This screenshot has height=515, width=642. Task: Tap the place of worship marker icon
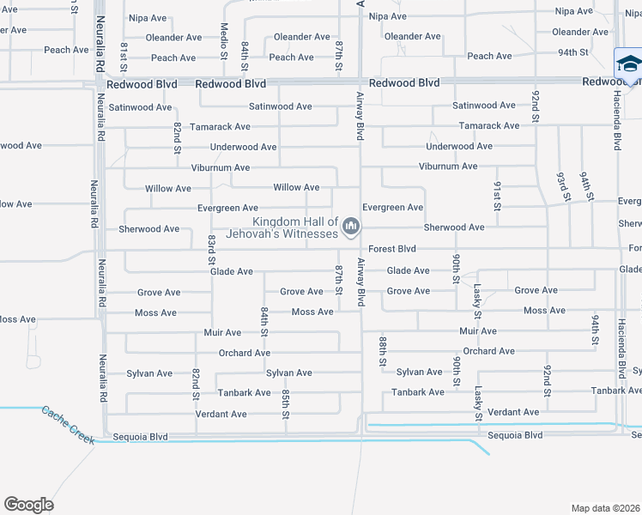click(x=350, y=227)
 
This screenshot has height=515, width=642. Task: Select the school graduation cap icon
click(x=628, y=64)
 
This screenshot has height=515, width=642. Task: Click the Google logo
click(x=28, y=505)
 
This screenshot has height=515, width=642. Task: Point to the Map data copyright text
click(x=606, y=508)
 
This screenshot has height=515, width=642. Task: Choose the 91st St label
click(x=497, y=195)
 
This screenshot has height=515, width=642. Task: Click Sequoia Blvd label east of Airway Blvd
click(x=515, y=435)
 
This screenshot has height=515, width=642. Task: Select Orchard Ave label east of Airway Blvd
click(x=488, y=351)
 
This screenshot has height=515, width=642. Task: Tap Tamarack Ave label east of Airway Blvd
click(x=489, y=125)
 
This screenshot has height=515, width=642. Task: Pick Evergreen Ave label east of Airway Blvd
click(x=392, y=208)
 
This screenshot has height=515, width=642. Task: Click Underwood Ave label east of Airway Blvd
click(x=459, y=146)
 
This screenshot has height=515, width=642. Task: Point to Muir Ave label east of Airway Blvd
click(x=478, y=330)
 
